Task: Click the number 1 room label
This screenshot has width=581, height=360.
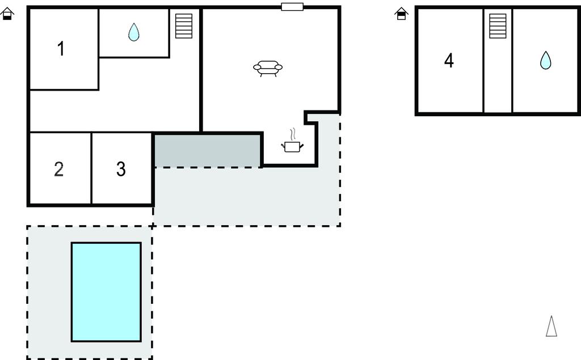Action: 61,49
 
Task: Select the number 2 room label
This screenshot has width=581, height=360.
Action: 59,169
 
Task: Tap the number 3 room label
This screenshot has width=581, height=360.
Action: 121,169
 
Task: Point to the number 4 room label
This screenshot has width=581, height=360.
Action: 449,60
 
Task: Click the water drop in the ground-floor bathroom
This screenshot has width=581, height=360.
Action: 134,32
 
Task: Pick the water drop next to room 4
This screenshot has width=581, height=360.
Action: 545,60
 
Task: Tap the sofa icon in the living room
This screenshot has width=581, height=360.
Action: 268,69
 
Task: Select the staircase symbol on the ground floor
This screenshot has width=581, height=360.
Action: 184,26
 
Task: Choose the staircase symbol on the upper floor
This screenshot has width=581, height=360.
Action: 498,26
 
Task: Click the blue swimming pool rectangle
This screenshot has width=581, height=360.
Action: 106,292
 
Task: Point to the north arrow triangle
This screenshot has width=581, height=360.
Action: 551,327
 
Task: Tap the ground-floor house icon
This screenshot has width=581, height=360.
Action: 7,14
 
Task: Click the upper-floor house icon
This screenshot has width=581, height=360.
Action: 401,14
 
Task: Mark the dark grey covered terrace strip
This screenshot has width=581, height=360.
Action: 208,151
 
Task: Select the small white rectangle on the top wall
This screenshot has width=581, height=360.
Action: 292,7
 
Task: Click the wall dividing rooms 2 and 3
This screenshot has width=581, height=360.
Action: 91,168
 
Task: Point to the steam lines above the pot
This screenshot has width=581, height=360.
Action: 293,134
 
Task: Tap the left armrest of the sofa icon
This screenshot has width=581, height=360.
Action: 258,67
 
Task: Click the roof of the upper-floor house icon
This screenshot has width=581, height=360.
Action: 401,10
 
